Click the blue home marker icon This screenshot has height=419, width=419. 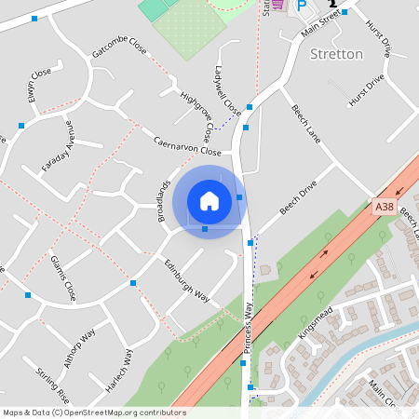209,200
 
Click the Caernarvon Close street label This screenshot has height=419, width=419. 187,145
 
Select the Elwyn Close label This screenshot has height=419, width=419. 38,85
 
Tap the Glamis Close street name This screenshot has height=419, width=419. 63,277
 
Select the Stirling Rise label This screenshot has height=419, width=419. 53,385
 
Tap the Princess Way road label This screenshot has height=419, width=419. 249,325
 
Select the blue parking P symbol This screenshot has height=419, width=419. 301,6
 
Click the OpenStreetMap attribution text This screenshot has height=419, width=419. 94,412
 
